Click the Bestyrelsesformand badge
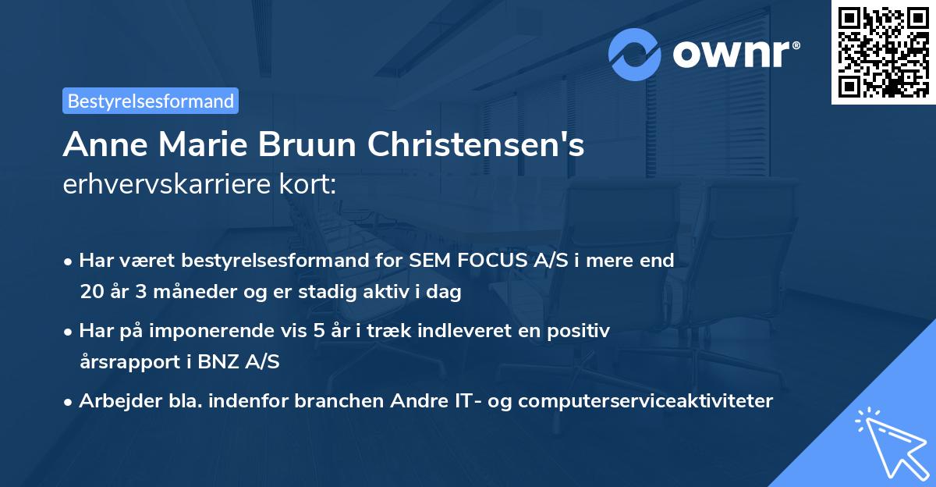coord(151,101)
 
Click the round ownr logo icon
coord(635,54)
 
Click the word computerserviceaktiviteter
coord(645,401)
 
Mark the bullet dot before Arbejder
coord(69,402)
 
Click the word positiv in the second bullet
coord(581,331)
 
